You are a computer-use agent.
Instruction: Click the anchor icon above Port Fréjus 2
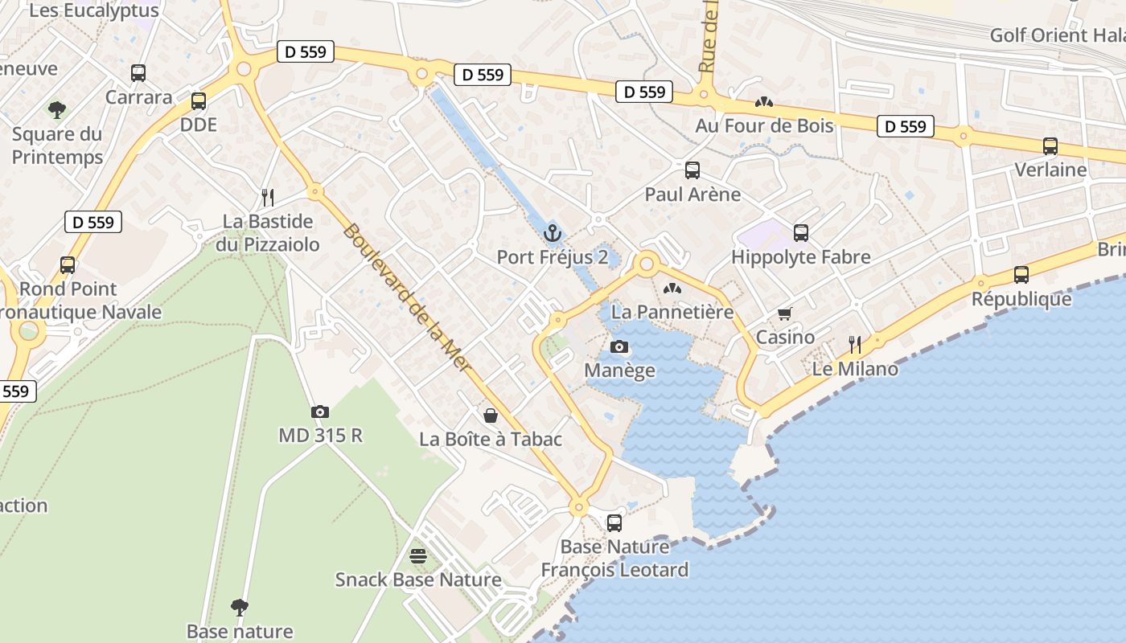(552, 234)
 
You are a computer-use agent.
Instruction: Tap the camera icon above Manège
(619, 347)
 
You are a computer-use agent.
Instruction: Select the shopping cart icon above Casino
(785, 314)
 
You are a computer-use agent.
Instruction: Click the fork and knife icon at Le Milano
(855, 345)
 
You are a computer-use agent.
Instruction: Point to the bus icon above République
(1021, 275)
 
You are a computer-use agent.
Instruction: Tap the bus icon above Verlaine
(1050, 146)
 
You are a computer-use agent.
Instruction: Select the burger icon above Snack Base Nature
(417, 555)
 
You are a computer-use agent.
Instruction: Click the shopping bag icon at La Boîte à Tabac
(490, 416)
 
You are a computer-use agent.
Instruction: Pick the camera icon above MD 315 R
(320, 412)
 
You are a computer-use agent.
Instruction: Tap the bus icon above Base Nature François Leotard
(614, 523)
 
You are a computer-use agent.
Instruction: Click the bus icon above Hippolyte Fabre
(801, 233)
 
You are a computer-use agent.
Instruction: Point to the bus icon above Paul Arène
(692, 170)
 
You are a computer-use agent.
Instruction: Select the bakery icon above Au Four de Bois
(763, 102)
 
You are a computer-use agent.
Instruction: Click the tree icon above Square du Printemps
(57, 109)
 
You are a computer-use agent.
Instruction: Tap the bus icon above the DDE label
(199, 101)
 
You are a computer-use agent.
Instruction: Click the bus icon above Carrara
(138, 73)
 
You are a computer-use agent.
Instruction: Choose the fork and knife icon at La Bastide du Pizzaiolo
(268, 197)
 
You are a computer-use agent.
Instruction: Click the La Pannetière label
(672, 312)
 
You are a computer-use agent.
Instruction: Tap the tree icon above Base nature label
(239, 607)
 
